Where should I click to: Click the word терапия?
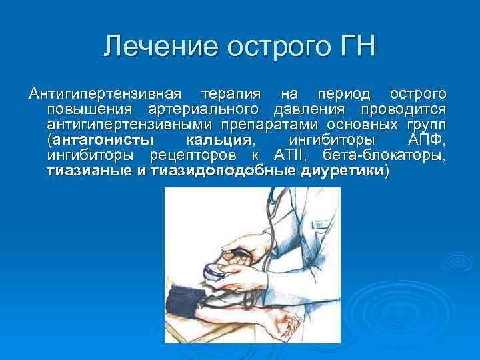pyautogui.click(x=229, y=93)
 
